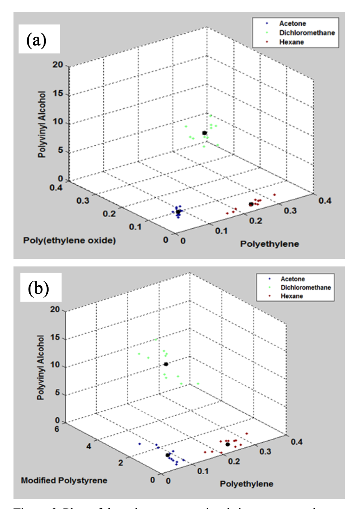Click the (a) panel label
point(37,40)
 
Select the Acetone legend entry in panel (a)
point(293,24)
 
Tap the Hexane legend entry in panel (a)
point(291,42)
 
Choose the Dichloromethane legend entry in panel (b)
point(305,287)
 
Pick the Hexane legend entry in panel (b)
point(291,296)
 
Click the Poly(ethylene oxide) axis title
point(69,241)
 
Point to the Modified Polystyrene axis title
point(64,480)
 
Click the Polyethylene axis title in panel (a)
point(269,244)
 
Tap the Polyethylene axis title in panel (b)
point(246,484)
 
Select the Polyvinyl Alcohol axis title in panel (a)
point(42,124)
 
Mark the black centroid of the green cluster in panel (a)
point(205,133)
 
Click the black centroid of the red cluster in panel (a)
point(251,204)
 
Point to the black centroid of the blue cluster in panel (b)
point(168,455)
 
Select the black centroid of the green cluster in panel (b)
point(166,364)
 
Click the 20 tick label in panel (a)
point(58,65)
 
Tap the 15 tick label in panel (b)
point(55,338)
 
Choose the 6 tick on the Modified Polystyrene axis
point(57,429)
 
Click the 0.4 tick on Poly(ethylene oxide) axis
point(56,188)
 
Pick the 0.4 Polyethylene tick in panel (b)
point(296,442)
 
